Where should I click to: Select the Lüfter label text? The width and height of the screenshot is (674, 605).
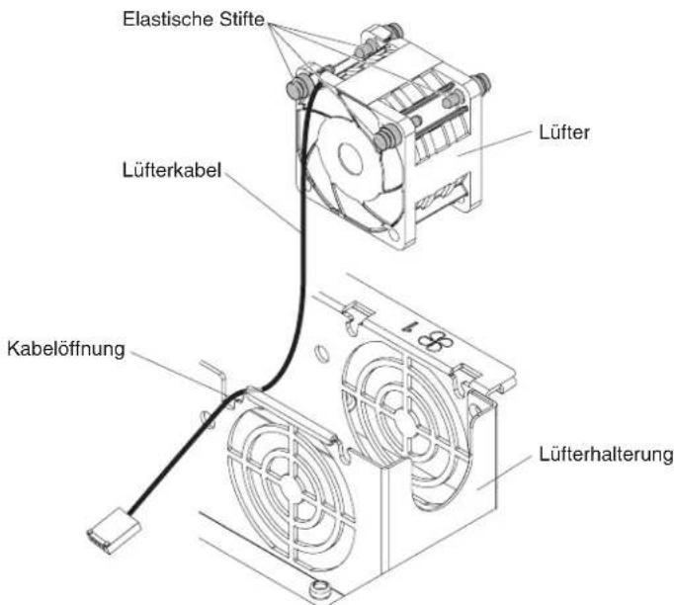click(564, 131)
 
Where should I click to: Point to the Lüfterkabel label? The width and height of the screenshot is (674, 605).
click(172, 170)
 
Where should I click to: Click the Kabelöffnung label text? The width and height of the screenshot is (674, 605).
click(66, 348)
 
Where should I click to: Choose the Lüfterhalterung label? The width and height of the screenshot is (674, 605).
click(606, 454)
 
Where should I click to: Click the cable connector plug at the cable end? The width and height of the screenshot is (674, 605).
click(114, 531)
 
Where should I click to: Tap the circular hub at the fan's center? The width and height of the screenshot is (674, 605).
click(350, 157)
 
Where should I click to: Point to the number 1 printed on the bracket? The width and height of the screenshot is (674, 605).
click(406, 325)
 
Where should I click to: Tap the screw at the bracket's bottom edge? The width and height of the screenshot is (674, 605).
click(319, 588)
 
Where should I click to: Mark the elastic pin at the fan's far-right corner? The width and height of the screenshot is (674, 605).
click(481, 82)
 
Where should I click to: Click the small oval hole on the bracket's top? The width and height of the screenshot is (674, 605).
click(320, 353)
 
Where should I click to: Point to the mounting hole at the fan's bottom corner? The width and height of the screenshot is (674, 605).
click(394, 234)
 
